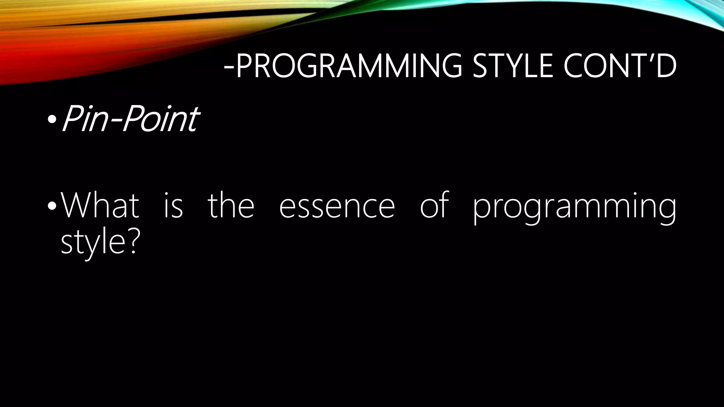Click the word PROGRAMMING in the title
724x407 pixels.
point(348,66)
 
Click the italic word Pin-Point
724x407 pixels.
point(130,119)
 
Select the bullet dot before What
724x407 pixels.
point(52,206)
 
